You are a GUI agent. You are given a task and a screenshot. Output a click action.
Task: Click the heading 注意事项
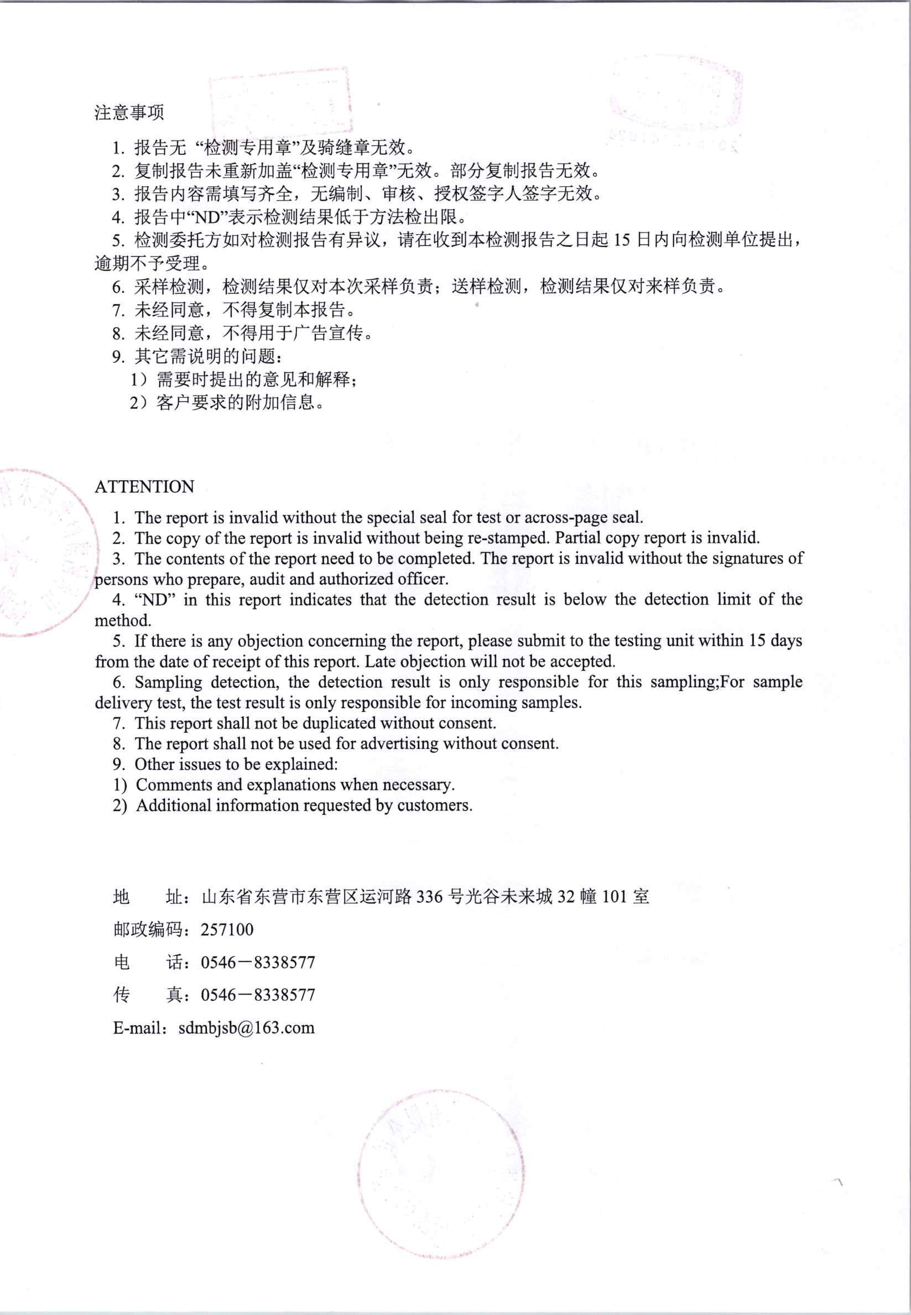tap(129, 112)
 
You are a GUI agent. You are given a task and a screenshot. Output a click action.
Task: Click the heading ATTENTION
tap(144, 487)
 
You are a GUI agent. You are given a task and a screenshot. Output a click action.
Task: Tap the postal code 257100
tap(227, 930)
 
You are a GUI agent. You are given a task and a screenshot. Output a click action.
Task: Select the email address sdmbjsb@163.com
tap(246, 1028)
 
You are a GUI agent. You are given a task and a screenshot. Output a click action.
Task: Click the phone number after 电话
tap(258, 963)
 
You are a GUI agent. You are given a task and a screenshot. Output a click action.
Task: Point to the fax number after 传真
tap(258, 995)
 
